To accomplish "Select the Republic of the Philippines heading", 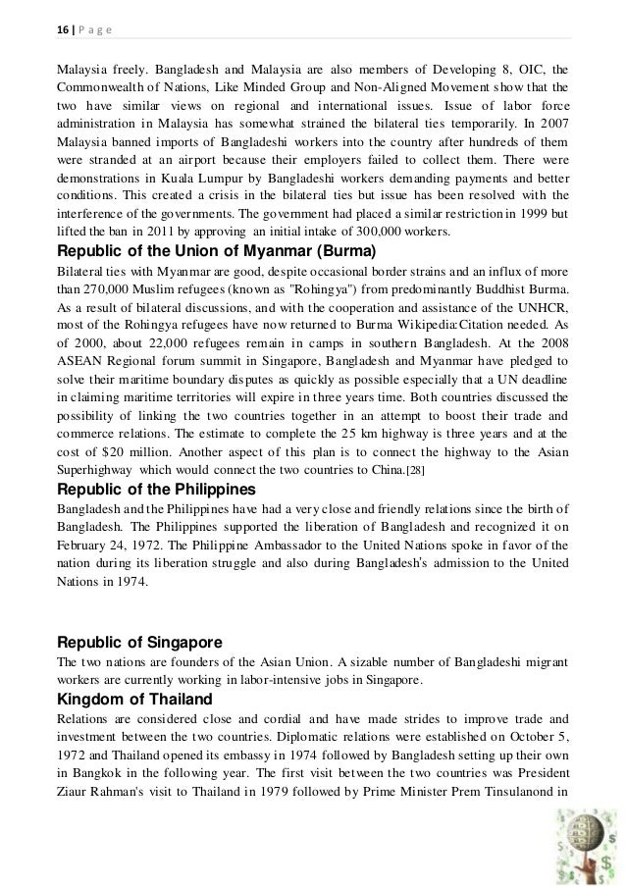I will tap(157, 489).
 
